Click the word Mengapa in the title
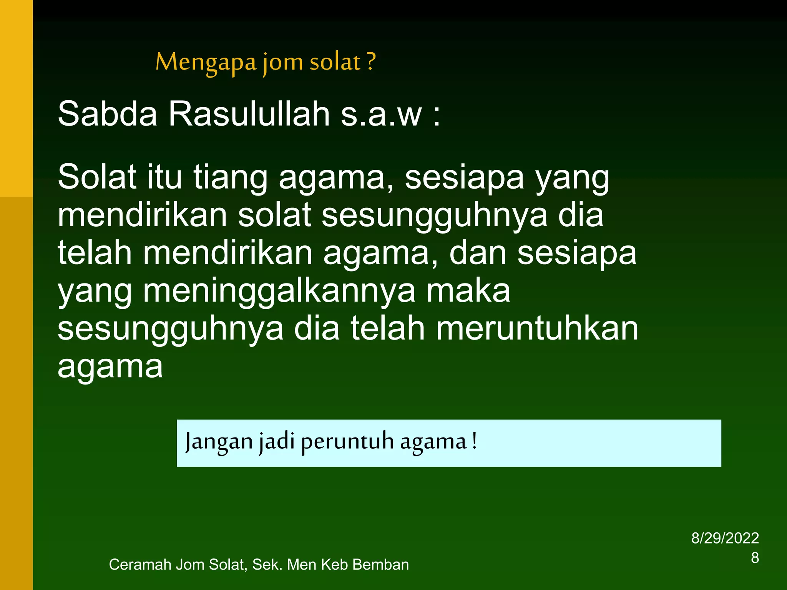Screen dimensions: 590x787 click(206, 62)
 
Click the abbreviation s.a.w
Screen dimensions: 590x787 click(381, 114)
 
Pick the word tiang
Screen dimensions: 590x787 click(230, 177)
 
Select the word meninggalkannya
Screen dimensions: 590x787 click(279, 291)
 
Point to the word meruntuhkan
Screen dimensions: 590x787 click(537, 328)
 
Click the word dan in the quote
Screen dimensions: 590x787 click(478, 253)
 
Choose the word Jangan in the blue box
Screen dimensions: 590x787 click(218, 442)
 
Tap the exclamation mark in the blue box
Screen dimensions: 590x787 click(475, 441)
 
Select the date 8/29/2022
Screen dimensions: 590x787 click(725, 538)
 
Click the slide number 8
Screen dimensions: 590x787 click(755, 558)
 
